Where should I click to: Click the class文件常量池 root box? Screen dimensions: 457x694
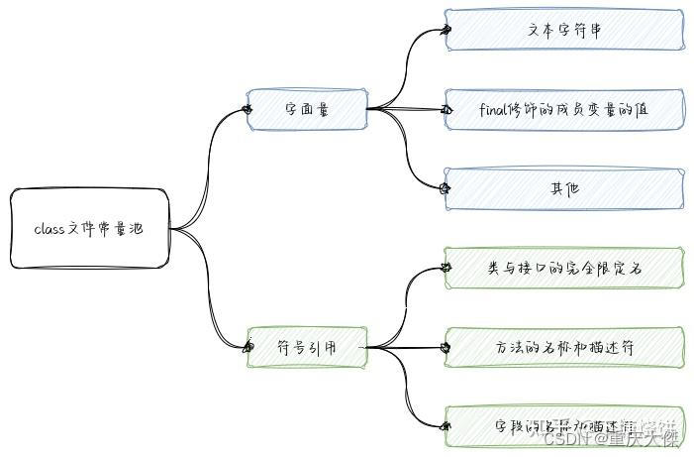[90, 229]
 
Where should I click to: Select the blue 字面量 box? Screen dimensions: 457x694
[307, 109]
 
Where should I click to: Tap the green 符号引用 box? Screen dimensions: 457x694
[307, 347]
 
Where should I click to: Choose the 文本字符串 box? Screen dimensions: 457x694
[564, 30]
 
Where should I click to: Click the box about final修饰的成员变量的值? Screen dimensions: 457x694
[564, 109]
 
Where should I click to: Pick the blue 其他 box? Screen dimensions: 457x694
[564, 188]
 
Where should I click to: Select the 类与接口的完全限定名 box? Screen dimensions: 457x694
[564, 268]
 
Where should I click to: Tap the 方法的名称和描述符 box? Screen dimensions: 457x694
[564, 347]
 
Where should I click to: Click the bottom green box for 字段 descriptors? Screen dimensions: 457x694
[564, 426]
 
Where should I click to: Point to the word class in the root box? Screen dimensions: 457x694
[50, 229]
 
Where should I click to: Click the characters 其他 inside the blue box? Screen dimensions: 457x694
[564, 188]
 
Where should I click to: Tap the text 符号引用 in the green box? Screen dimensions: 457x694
[307, 347]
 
